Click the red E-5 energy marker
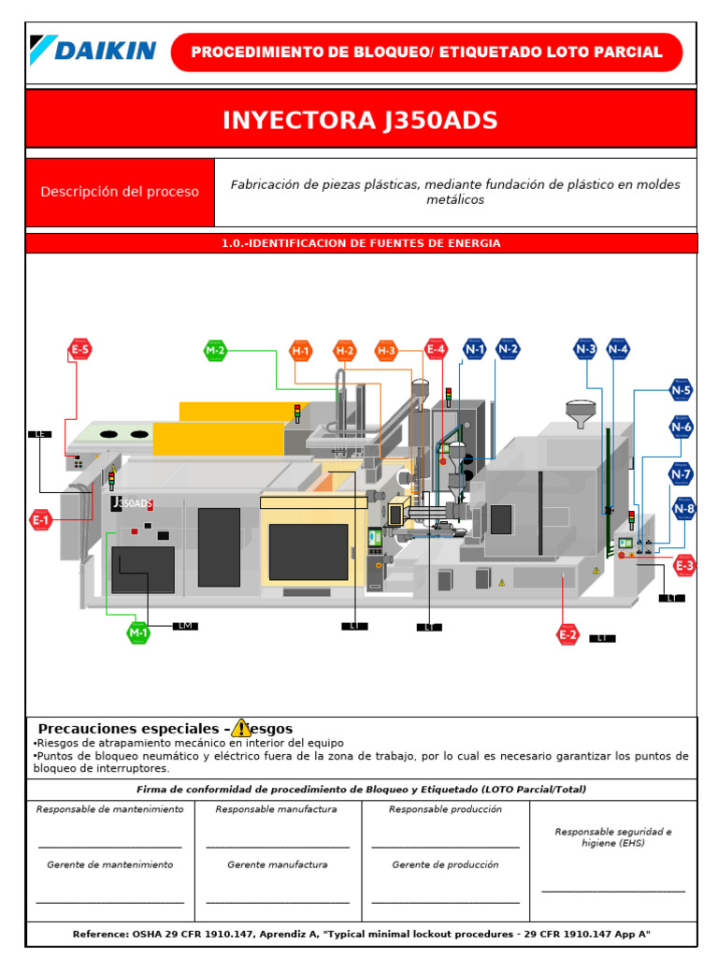coord(79,351)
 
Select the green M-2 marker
coord(215,351)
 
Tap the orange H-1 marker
coord(300,351)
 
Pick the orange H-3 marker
coord(386,351)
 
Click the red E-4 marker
coord(436,350)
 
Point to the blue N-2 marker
coord(508,349)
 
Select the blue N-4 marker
coord(617,349)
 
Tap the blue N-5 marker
coord(682,390)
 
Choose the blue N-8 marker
coord(684,509)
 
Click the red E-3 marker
coord(684,565)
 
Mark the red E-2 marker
coord(567,635)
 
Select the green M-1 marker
coord(138,632)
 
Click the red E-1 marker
coord(40,519)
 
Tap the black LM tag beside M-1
coord(185,626)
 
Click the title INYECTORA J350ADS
coord(360,121)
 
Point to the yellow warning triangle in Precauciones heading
coord(241,728)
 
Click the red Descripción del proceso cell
coord(120,192)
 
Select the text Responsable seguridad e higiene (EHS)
coord(612,837)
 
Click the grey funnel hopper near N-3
coord(582,413)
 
